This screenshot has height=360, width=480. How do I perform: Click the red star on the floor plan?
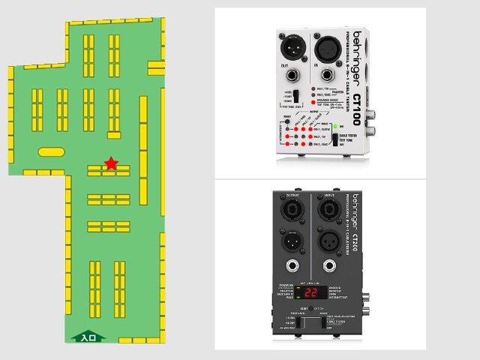click(x=111, y=163)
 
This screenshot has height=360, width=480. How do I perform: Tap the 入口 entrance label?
click(x=88, y=337)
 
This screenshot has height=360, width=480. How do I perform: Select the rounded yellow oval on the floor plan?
click(x=51, y=151)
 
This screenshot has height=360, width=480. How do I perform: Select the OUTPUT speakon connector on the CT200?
click(x=289, y=208)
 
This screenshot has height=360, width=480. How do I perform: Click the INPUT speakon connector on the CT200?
click(x=328, y=208)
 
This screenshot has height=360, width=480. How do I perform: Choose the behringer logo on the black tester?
click(x=355, y=211)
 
